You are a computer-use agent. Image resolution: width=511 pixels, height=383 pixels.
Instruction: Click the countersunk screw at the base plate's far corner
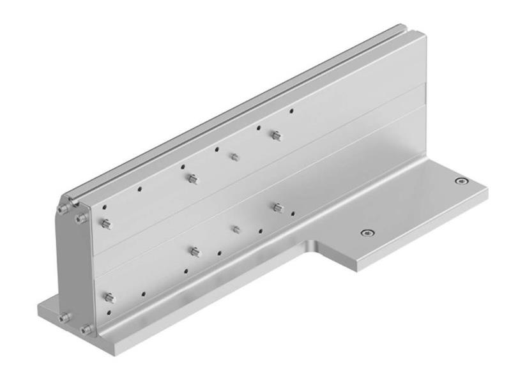click(460, 181)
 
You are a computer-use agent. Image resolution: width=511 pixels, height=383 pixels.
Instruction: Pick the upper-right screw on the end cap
click(79, 219)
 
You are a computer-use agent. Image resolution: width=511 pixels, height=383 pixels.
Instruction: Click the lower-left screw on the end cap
click(64, 317)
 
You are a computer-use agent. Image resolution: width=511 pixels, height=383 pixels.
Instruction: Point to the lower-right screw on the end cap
click(86, 329)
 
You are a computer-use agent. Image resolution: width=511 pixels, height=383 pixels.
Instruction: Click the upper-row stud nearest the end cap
click(107, 224)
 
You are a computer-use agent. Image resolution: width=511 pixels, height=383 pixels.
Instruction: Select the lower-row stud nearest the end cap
click(109, 297)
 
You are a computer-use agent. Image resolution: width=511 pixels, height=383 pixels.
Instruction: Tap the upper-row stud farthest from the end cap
click(275, 135)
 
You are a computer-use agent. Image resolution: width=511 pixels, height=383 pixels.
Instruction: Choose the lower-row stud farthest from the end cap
click(277, 207)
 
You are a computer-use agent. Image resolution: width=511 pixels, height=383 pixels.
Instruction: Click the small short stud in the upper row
click(234, 156)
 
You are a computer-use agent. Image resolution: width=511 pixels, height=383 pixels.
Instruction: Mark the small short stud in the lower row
click(236, 229)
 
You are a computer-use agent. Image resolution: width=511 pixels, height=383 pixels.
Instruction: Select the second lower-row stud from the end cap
click(195, 252)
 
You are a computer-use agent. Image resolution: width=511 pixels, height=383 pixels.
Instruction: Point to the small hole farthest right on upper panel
click(292, 110)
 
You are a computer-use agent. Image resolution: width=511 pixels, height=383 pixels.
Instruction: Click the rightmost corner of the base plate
click(487, 189)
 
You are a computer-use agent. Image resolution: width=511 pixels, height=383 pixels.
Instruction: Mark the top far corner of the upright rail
click(404, 26)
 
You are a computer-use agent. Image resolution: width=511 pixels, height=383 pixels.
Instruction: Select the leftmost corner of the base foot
click(38, 310)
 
